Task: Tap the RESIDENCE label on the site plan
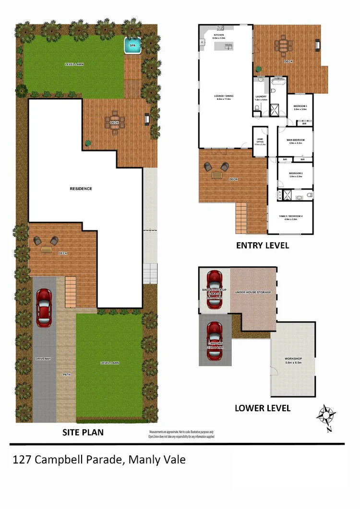[x=81, y=189]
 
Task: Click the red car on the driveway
[x=44, y=307]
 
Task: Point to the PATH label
[x=66, y=375]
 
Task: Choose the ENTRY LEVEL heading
[x=263, y=246]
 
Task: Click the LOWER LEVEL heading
[x=262, y=408]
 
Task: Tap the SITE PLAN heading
[x=83, y=432]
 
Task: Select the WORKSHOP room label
[x=293, y=359]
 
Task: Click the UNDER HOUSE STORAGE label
[x=253, y=292]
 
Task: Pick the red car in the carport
[x=214, y=341]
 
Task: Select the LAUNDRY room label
[x=261, y=96]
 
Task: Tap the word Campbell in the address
[x=65, y=460]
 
